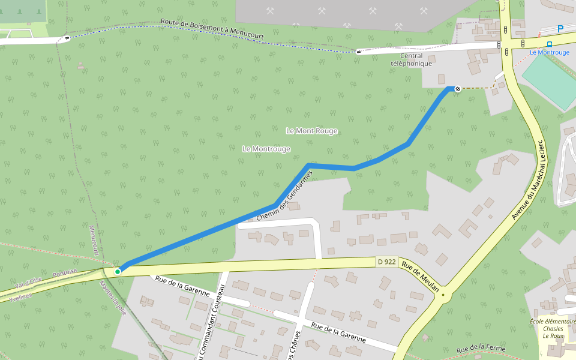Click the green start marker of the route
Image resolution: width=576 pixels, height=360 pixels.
[x=118, y=272]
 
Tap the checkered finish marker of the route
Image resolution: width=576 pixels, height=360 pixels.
[x=458, y=89]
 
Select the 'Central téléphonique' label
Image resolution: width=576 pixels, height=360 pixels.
[x=411, y=59]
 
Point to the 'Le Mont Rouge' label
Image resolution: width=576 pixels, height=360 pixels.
[x=311, y=131]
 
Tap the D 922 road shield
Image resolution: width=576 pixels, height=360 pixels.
[x=386, y=262]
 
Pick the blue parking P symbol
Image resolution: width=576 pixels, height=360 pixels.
[x=560, y=28]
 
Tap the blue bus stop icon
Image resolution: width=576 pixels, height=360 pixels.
[x=550, y=44]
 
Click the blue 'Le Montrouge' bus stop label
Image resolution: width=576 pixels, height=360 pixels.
[x=550, y=52]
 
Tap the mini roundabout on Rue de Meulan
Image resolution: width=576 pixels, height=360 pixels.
[x=443, y=295]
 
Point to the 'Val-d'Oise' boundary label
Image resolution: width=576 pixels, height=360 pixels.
[x=29, y=281]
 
